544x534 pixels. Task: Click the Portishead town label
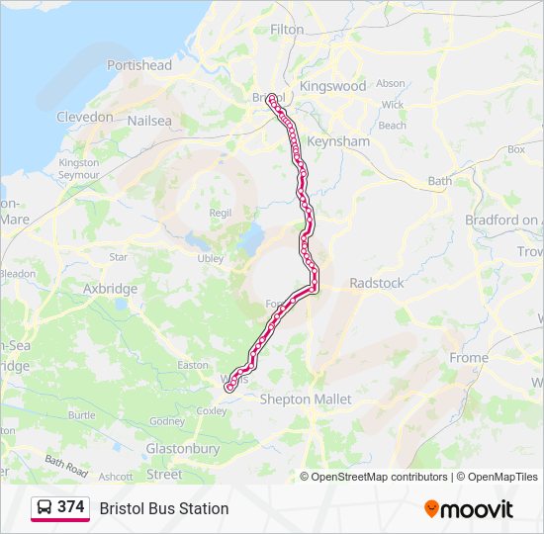[139, 65]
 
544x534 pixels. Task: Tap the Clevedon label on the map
[85, 117]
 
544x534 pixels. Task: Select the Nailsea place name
[149, 121]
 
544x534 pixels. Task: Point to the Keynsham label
[338, 141]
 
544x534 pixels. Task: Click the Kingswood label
[332, 86]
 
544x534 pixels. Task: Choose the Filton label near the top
[287, 30]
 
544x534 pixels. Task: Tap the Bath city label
[439, 181]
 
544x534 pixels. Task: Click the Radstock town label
[377, 283]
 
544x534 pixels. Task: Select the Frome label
[468, 357]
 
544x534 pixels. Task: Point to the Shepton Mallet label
[306, 400]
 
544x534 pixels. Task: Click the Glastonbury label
[182, 448]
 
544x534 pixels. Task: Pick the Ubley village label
[211, 258]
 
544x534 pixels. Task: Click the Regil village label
[221, 213]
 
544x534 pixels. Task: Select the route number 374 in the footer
[71, 506]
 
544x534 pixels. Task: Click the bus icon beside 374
[45, 507]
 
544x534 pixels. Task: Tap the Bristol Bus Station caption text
[164, 508]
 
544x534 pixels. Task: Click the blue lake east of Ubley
[251, 238]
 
